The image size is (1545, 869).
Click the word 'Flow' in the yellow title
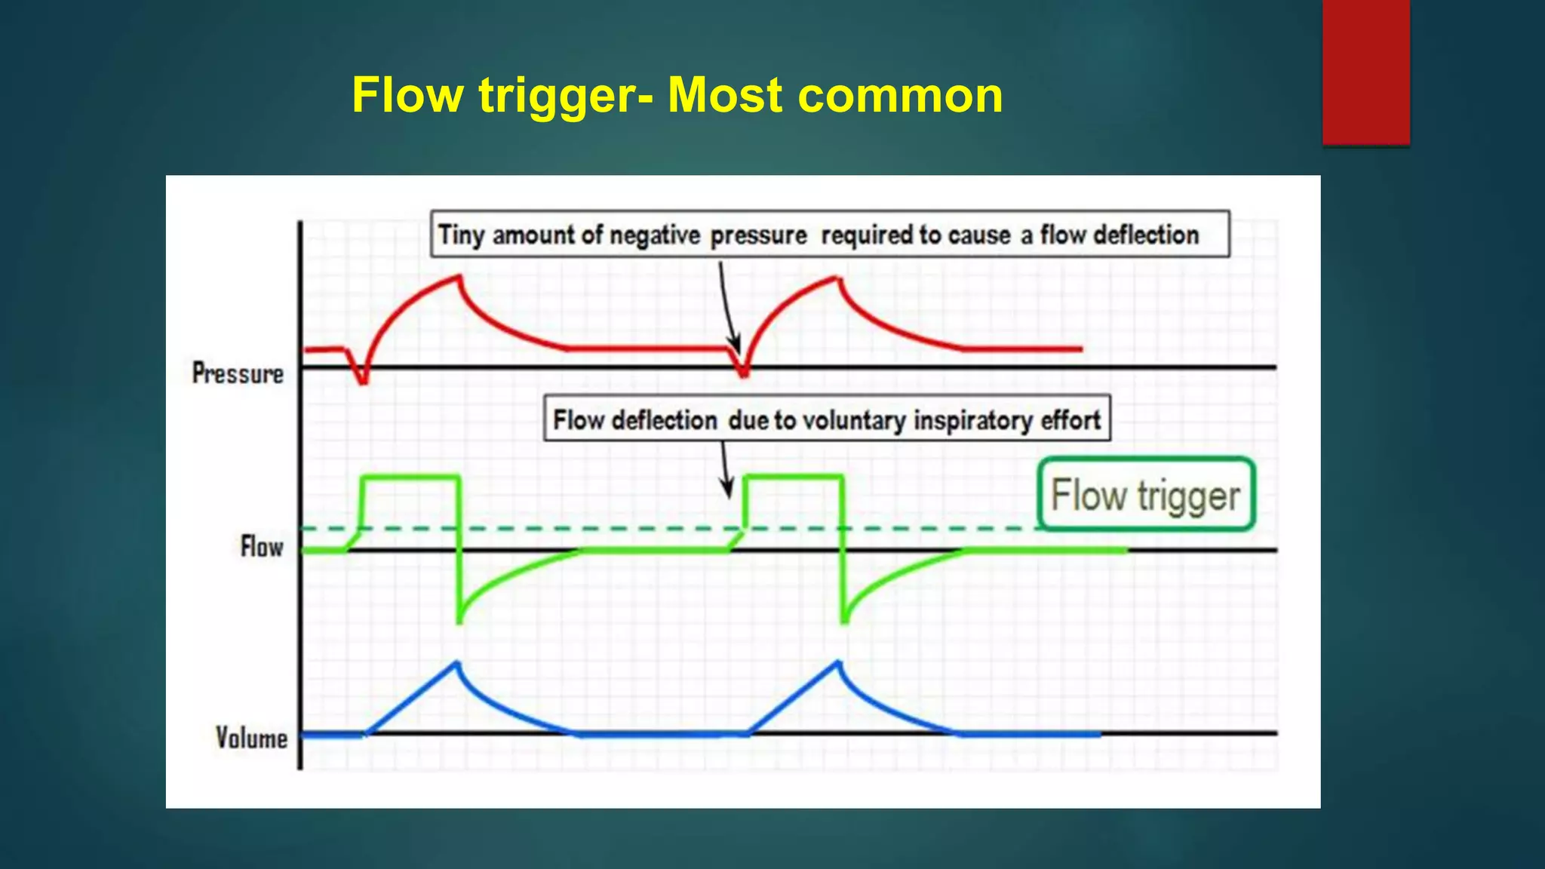click(407, 96)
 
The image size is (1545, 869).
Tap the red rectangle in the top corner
click(1365, 72)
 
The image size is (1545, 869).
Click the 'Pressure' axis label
click(238, 373)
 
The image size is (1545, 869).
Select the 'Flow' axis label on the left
click(262, 546)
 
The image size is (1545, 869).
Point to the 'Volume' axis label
click(251, 738)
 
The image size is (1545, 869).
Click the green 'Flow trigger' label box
click(1145, 495)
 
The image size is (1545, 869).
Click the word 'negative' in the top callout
click(655, 235)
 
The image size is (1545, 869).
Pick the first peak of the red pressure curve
click(459, 277)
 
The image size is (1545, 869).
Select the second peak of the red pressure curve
click(839, 278)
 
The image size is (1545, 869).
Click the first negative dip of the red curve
click(363, 381)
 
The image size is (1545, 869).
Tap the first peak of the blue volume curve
click(457, 663)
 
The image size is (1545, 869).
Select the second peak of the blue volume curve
click(838, 662)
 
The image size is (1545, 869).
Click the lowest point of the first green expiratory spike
click(459, 621)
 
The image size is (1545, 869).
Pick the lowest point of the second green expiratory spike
click(844, 621)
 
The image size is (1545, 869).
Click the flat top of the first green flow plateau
click(411, 477)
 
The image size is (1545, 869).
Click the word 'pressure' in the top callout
click(758, 235)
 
